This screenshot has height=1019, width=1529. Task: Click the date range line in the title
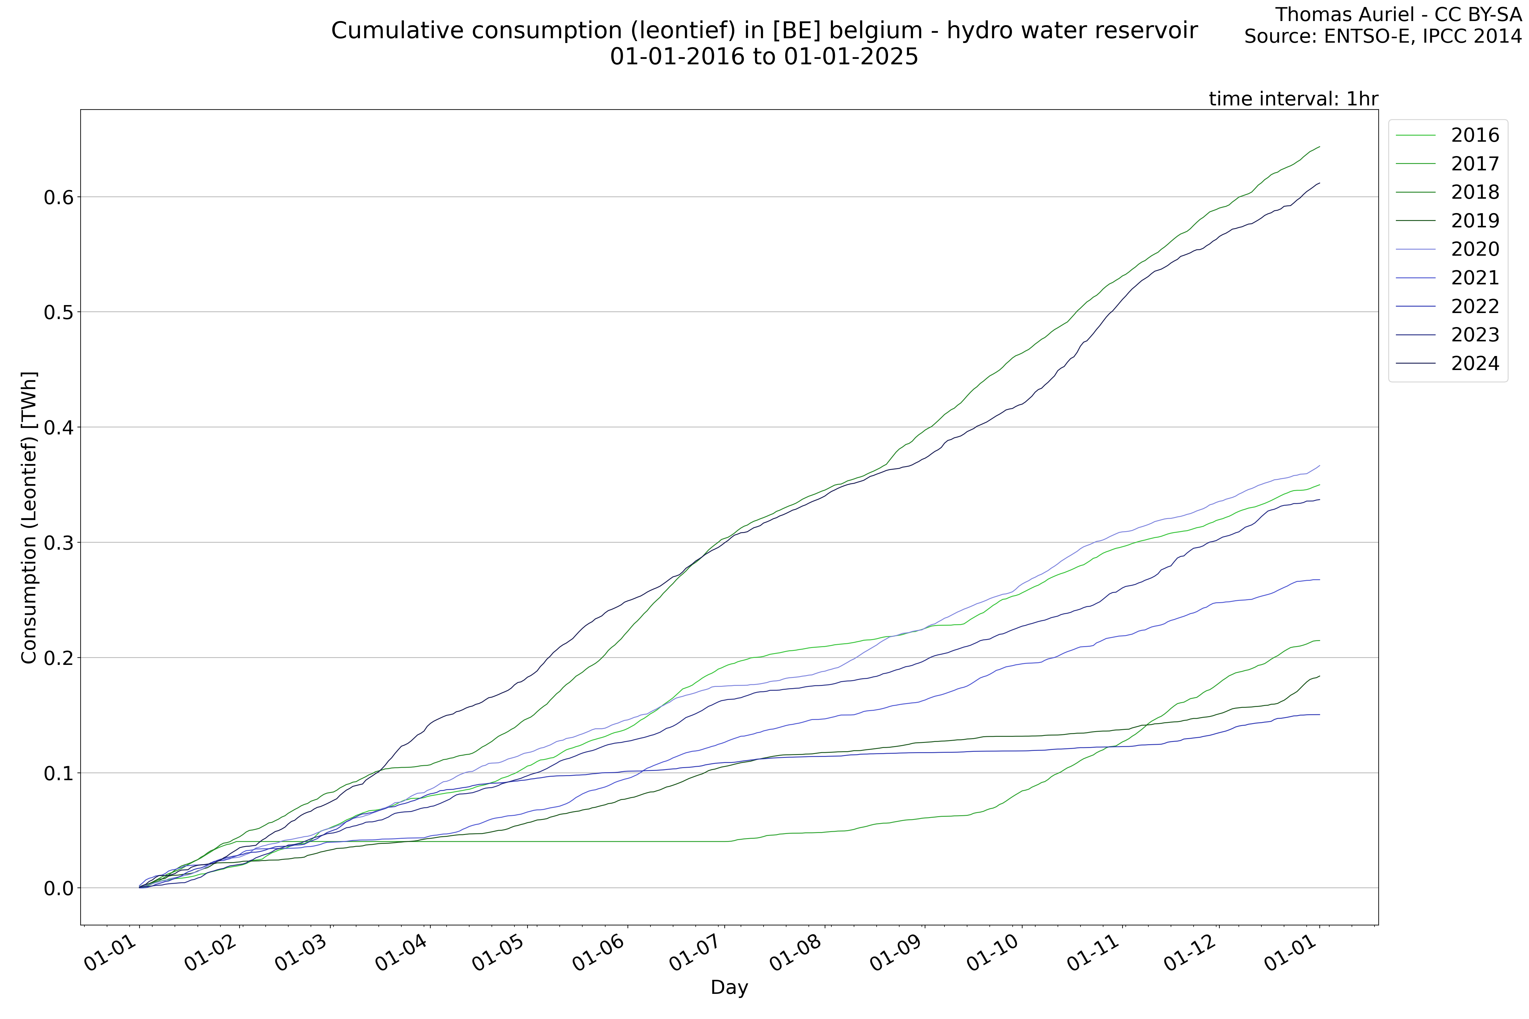click(764, 57)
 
